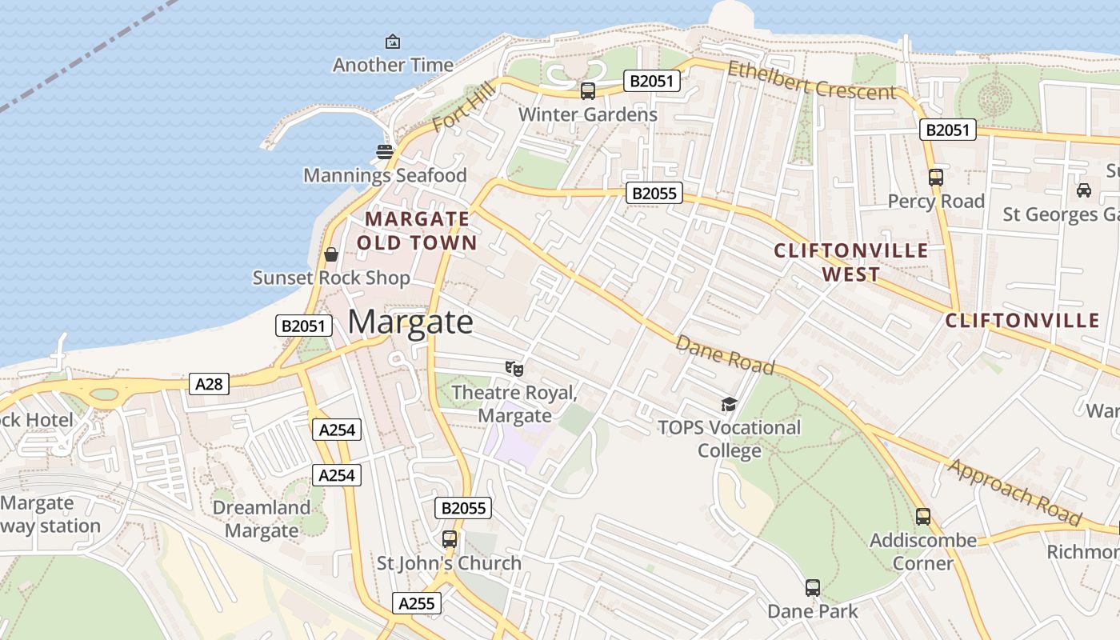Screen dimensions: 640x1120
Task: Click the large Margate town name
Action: click(410, 322)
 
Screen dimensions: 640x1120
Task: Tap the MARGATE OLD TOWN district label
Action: click(417, 230)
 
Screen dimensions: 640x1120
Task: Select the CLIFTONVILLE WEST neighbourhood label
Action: click(851, 262)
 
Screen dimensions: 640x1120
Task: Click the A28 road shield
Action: click(209, 384)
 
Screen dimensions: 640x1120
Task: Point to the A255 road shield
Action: click(417, 603)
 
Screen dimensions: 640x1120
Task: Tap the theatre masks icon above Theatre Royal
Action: click(514, 369)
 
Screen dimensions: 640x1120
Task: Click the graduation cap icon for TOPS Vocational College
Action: click(729, 404)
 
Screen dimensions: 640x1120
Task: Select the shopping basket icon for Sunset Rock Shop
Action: click(331, 254)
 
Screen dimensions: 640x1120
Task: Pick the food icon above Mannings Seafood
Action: click(385, 151)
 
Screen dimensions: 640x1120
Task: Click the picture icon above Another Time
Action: click(393, 41)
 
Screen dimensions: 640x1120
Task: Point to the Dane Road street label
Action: click(725, 354)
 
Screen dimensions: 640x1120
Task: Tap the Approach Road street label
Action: click(1014, 493)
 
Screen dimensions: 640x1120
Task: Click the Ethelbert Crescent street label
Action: click(811, 81)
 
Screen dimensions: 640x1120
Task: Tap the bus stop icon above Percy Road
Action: click(936, 177)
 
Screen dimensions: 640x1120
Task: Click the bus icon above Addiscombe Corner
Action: click(923, 517)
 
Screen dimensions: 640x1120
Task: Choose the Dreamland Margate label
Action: click(262, 518)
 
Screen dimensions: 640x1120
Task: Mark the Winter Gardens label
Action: click(588, 114)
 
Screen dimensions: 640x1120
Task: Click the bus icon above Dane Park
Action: click(813, 588)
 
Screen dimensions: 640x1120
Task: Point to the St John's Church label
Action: click(449, 563)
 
